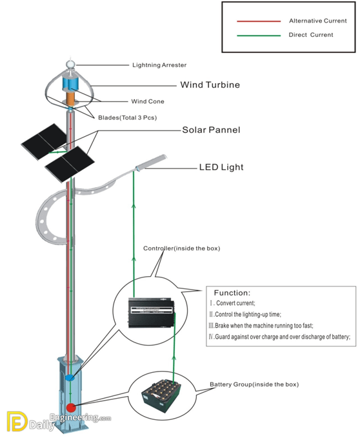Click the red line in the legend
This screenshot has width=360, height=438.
click(x=258, y=21)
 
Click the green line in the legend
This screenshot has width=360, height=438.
click(x=258, y=35)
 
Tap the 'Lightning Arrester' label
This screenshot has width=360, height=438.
click(x=159, y=65)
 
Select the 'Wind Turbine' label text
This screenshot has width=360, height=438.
click(x=210, y=85)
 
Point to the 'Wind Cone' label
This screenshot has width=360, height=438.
click(x=148, y=101)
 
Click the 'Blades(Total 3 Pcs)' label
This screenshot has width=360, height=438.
click(x=127, y=117)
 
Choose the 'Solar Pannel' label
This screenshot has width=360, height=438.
click(x=211, y=130)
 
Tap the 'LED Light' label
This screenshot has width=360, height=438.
click(x=221, y=168)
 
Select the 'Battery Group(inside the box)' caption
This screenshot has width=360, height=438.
click(x=254, y=384)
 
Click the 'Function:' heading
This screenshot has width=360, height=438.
click(x=232, y=292)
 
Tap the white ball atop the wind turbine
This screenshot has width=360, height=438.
click(x=70, y=65)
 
